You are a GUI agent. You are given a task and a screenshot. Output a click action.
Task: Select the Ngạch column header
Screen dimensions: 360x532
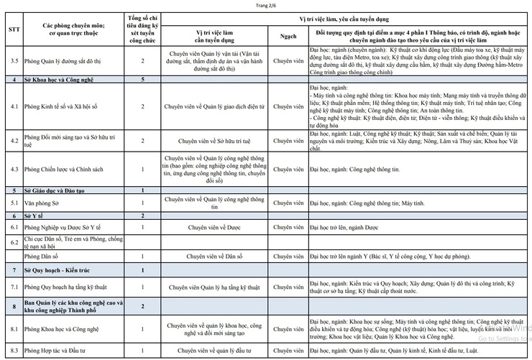coord(285,34)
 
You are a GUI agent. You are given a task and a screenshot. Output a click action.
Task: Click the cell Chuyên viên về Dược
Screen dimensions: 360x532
coord(208,228)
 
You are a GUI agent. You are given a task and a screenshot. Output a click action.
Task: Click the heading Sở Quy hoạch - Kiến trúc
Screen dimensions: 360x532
coord(61,270)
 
